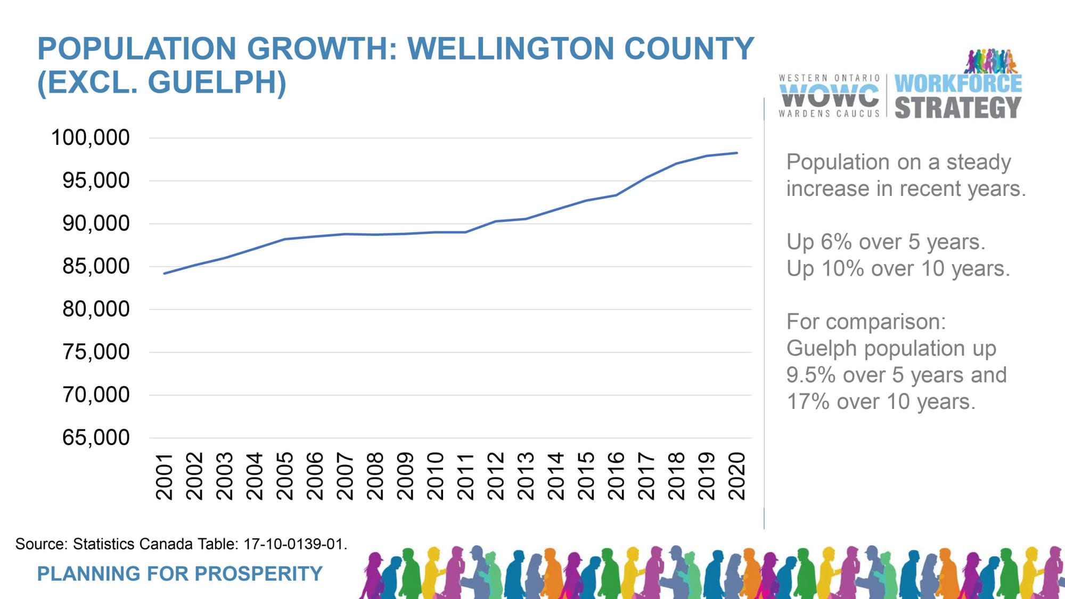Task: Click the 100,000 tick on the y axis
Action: (90, 137)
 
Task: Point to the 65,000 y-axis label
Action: (96, 438)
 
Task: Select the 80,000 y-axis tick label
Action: (96, 309)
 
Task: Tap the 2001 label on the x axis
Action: (165, 477)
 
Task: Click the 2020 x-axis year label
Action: (737, 477)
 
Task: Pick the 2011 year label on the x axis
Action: (465, 477)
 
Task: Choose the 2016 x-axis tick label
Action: (616, 477)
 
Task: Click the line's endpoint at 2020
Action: (737, 153)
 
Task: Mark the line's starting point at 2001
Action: (165, 274)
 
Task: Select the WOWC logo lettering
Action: (829, 96)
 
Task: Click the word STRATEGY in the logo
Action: (957, 108)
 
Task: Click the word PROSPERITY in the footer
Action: (259, 573)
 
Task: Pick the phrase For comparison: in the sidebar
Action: (866, 322)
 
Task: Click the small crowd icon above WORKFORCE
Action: (990, 61)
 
